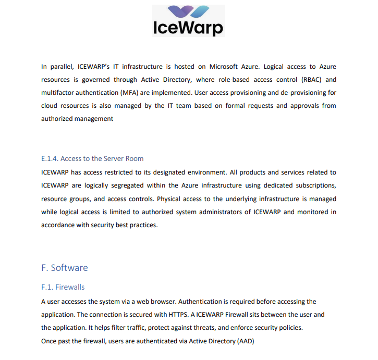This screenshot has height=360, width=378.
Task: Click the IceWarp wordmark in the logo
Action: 188,27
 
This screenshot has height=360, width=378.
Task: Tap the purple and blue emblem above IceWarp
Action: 188,11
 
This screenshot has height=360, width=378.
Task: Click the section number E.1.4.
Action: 50,158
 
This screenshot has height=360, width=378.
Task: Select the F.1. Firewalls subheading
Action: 63,287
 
